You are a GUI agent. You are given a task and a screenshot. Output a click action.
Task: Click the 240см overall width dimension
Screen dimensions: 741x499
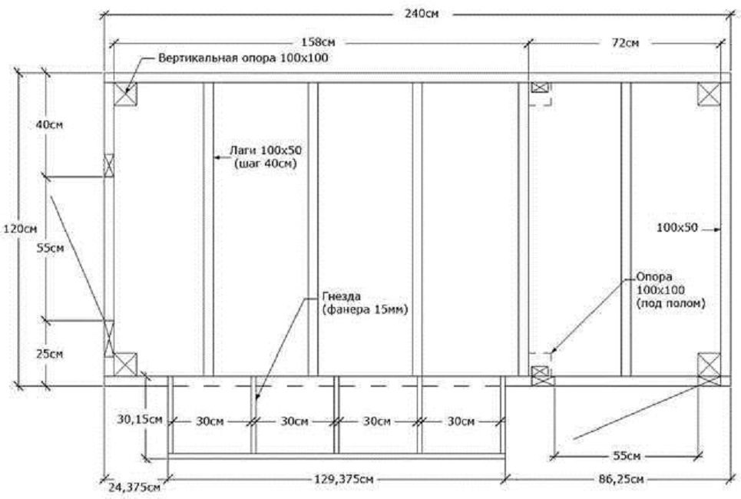tap(421, 14)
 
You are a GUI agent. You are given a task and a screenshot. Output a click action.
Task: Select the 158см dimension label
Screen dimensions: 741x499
tap(318, 42)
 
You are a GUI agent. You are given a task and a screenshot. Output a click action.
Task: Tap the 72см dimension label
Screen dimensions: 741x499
tap(625, 43)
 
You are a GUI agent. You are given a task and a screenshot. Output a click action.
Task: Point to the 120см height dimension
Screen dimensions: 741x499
tap(20, 230)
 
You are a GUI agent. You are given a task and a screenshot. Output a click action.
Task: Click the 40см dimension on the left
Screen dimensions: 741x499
tap(49, 124)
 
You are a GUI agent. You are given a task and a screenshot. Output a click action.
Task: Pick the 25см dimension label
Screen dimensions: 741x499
tap(50, 354)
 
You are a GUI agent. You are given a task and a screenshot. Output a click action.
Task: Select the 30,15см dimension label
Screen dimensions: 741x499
tap(140, 419)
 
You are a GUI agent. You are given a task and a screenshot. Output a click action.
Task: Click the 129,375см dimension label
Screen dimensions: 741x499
tap(344, 479)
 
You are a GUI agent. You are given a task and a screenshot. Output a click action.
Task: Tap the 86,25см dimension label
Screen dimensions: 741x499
tap(621, 479)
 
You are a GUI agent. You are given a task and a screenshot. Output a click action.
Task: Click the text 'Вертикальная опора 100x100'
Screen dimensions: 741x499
tap(243, 58)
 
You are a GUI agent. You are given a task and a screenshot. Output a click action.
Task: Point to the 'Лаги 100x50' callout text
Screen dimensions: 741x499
tap(266, 150)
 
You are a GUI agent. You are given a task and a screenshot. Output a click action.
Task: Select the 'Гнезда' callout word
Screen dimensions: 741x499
tap(342, 296)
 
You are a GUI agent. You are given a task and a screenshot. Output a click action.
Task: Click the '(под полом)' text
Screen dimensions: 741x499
tap(670, 303)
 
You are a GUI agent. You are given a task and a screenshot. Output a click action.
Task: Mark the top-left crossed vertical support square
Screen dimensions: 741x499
tap(125, 94)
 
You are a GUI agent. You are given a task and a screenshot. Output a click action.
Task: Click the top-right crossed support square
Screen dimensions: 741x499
tap(710, 94)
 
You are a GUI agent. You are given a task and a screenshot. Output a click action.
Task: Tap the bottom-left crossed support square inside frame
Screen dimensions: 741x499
tap(125, 365)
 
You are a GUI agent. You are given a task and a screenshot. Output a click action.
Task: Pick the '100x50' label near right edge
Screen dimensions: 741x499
tap(677, 228)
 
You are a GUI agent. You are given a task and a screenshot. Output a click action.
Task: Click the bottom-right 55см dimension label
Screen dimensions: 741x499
tap(627, 456)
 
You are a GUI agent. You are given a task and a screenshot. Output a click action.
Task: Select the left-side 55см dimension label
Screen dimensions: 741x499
tap(51, 248)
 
